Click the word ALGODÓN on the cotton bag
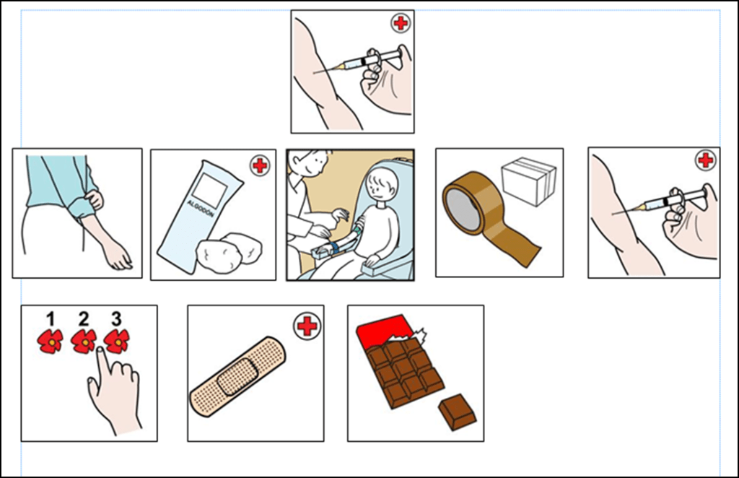201,209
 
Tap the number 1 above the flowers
51,319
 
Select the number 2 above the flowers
84,319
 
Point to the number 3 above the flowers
116,319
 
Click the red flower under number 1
50,342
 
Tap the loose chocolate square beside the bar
457,412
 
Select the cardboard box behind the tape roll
528,181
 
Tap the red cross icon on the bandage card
307,326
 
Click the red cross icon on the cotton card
260,165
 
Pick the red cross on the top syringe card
401,22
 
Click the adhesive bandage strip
238,376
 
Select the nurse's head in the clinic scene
309,162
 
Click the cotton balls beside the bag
229,251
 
